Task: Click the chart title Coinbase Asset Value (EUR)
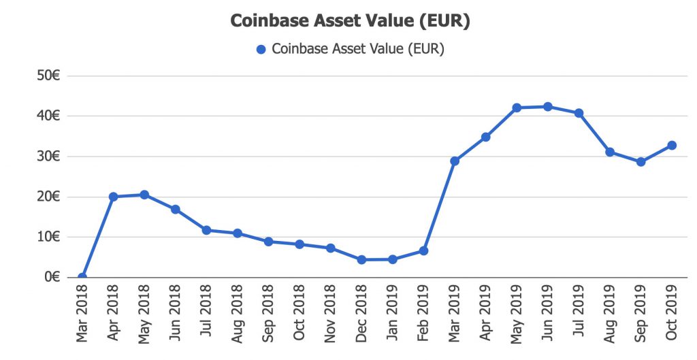tap(350, 21)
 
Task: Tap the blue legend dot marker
tap(261, 49)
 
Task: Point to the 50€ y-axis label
tap(50, 76)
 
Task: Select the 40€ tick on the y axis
tap(50, 116)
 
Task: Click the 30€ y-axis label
tap(50, 157)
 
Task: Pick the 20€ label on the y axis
tap(50, 197)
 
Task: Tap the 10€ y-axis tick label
tap(50, 237)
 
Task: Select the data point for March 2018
tap(82, 277)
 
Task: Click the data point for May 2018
tap(144, 195)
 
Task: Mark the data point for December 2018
tap(361, 259)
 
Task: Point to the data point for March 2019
tap(455, 161)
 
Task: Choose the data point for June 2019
tap(548, 106)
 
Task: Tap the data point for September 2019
tap(641, 162)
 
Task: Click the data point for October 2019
tap(672, 145)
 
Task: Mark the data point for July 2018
tap(206, 230)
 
